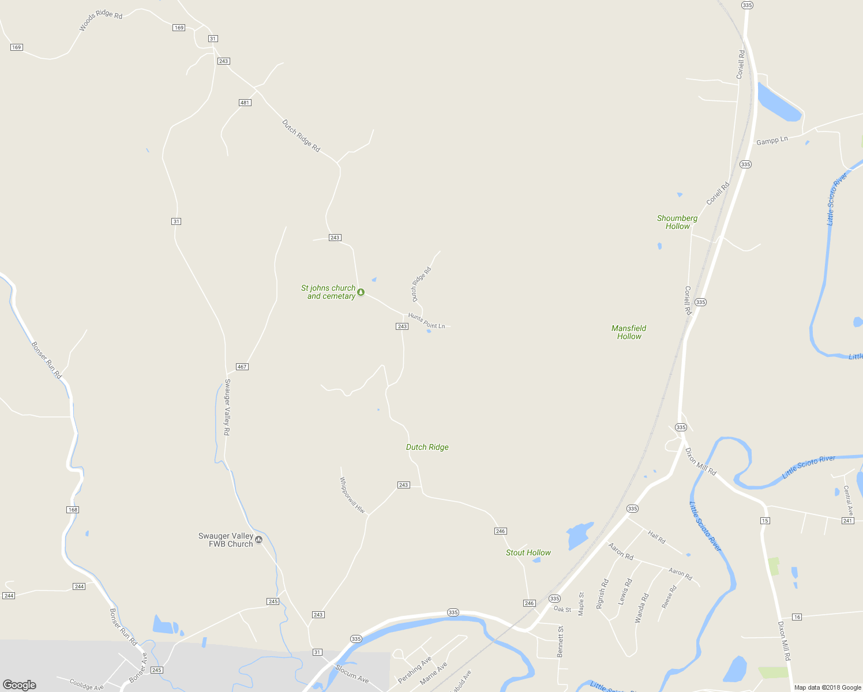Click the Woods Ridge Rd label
101,20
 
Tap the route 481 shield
245,103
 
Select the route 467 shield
242,367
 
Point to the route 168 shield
73,510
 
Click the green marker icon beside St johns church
361,292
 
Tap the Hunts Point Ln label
426,321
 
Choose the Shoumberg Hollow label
677,222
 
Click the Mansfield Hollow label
629,332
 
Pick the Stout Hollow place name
528,552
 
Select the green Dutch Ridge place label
427,447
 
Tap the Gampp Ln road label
772,141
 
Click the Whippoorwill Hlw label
352,495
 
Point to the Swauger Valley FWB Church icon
259,540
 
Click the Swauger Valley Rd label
227,407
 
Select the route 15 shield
765,521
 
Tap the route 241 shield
847,521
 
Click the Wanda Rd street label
641,608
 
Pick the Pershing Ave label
415,669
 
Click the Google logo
20,685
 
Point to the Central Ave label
848,500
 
